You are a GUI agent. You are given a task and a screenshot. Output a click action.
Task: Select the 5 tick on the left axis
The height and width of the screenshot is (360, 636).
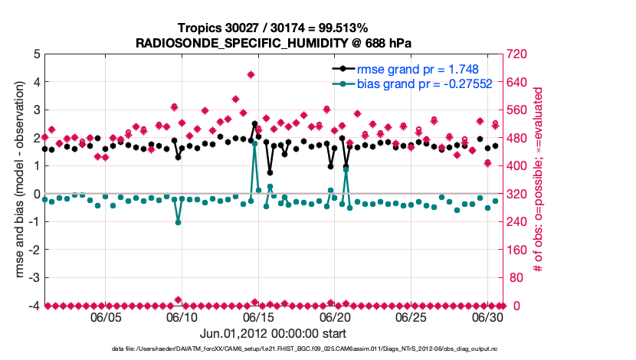(36, 54)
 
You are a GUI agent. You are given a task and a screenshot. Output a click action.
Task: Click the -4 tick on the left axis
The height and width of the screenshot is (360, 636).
(34, 306)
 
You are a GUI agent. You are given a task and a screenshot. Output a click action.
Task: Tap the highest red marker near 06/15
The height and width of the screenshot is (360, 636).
(251, 74)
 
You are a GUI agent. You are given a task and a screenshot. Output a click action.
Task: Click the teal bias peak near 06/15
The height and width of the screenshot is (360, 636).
(254, 143)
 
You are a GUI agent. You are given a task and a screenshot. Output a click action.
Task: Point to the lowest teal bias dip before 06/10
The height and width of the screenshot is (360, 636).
(178, 222)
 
